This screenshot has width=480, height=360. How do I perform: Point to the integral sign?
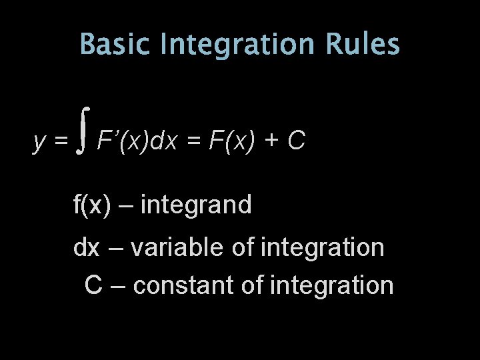point(83,133)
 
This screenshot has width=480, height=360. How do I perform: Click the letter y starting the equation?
point(39,141)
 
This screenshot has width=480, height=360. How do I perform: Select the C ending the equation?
point(297,141)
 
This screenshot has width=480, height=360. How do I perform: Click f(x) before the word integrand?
point(91,205)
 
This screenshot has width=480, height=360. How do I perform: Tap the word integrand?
point(197,205)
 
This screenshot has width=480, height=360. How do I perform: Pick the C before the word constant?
point(93,285)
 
